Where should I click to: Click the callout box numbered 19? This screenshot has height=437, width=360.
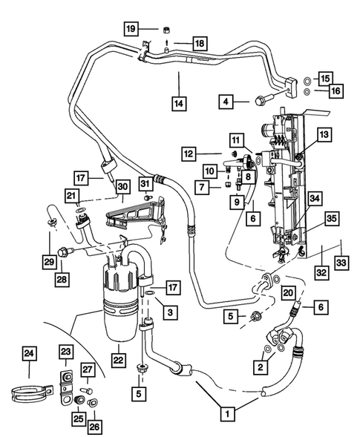click(131, 29)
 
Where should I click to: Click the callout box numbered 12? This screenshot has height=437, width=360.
click(191, 154)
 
